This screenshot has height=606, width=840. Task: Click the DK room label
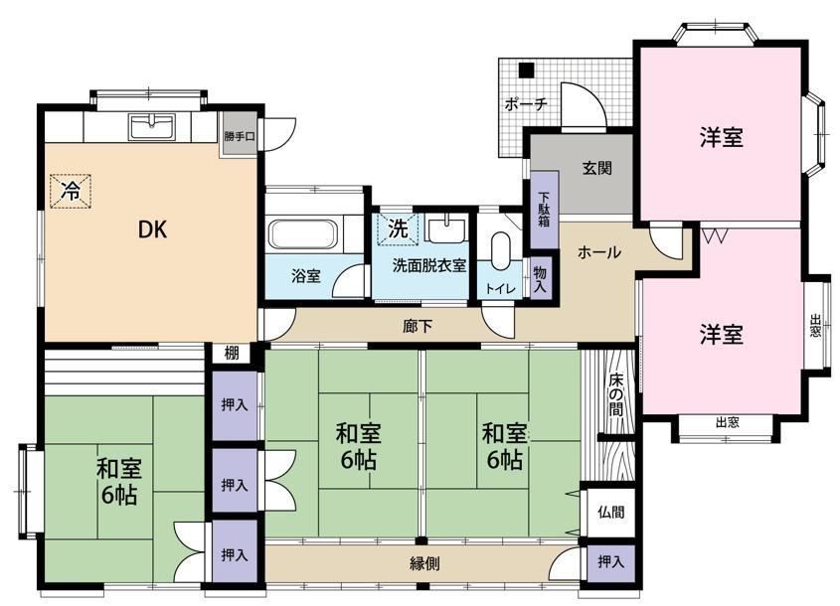pos(153,229)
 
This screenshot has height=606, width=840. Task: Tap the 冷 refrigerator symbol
pos(71,190)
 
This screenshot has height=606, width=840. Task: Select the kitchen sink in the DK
pos(152,127)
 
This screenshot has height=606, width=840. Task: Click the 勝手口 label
pos(239,136)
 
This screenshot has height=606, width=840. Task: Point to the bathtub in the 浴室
pos(302,234)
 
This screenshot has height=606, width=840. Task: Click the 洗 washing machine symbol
pos(398,229)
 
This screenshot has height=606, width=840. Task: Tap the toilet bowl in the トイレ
pos(501,251)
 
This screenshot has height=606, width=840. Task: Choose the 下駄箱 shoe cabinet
pos(545,210)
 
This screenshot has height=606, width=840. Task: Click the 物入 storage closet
pos(541,279)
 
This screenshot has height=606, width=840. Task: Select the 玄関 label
pos(596,168)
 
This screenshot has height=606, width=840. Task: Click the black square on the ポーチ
pos(527,70)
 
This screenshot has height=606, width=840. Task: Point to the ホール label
pos(599,251)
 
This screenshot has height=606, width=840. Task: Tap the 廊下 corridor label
pos(418,326)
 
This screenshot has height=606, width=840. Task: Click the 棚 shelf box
pos(231,353)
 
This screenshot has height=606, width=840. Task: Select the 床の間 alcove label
pos(615,395)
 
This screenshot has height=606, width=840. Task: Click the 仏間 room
pos(610,512)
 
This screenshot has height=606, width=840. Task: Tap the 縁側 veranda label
pos(424,563)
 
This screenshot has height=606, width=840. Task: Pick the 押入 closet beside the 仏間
pos(610,563)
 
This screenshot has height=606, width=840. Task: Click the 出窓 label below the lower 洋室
pos(727,422)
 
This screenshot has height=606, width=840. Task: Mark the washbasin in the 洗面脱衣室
pos(445,229)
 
